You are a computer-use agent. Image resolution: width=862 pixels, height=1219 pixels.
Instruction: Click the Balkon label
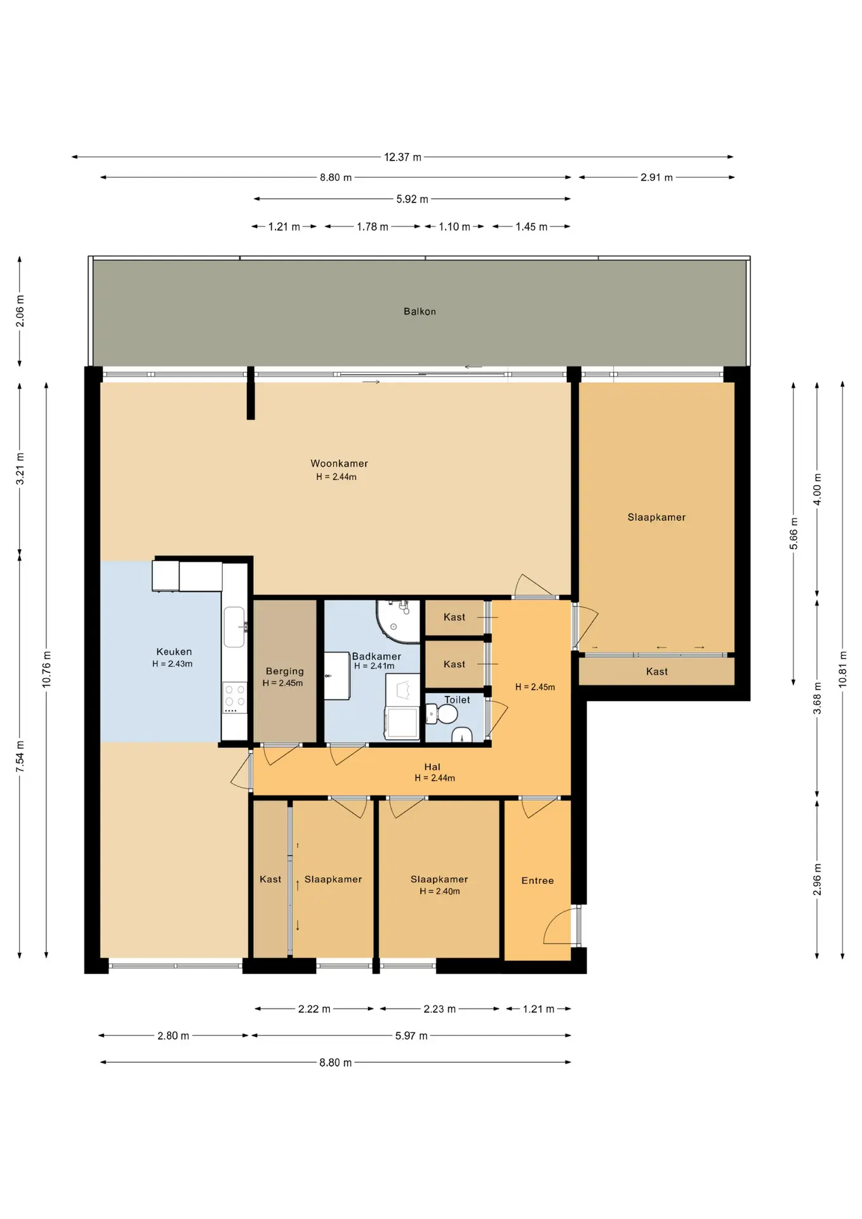(420, 311)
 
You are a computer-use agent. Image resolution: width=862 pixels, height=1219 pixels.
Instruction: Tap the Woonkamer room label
(339, 463)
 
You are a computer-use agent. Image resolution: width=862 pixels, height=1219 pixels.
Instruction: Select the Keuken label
(174, 651)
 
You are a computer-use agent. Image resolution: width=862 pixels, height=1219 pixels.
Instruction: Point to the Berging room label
(284, 671)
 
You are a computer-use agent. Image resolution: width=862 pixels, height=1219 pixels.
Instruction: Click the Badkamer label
(376, 656)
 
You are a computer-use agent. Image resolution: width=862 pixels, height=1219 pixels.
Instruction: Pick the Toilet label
(457, 700)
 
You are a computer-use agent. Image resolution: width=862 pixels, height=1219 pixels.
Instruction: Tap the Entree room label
(538, 881)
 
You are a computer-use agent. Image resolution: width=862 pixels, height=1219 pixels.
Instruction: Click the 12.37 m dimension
(402, 157)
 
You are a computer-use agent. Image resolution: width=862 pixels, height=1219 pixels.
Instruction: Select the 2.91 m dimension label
(656, 178)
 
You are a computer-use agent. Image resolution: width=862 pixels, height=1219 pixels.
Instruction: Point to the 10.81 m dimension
(842, 669)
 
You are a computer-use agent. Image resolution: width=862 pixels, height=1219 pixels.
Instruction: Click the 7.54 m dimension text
(20, 757)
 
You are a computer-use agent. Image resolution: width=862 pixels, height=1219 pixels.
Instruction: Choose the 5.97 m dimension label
(411, 1036)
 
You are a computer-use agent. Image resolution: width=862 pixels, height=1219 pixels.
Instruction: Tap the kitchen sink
(234, 627)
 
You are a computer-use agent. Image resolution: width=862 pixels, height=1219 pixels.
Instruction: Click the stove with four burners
(235, 698)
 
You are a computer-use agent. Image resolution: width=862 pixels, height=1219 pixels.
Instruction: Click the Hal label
(432, 767)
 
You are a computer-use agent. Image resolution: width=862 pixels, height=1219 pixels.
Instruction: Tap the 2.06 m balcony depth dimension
(20, 312)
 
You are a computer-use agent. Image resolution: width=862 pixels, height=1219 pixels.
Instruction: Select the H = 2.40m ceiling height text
(439, 891)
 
